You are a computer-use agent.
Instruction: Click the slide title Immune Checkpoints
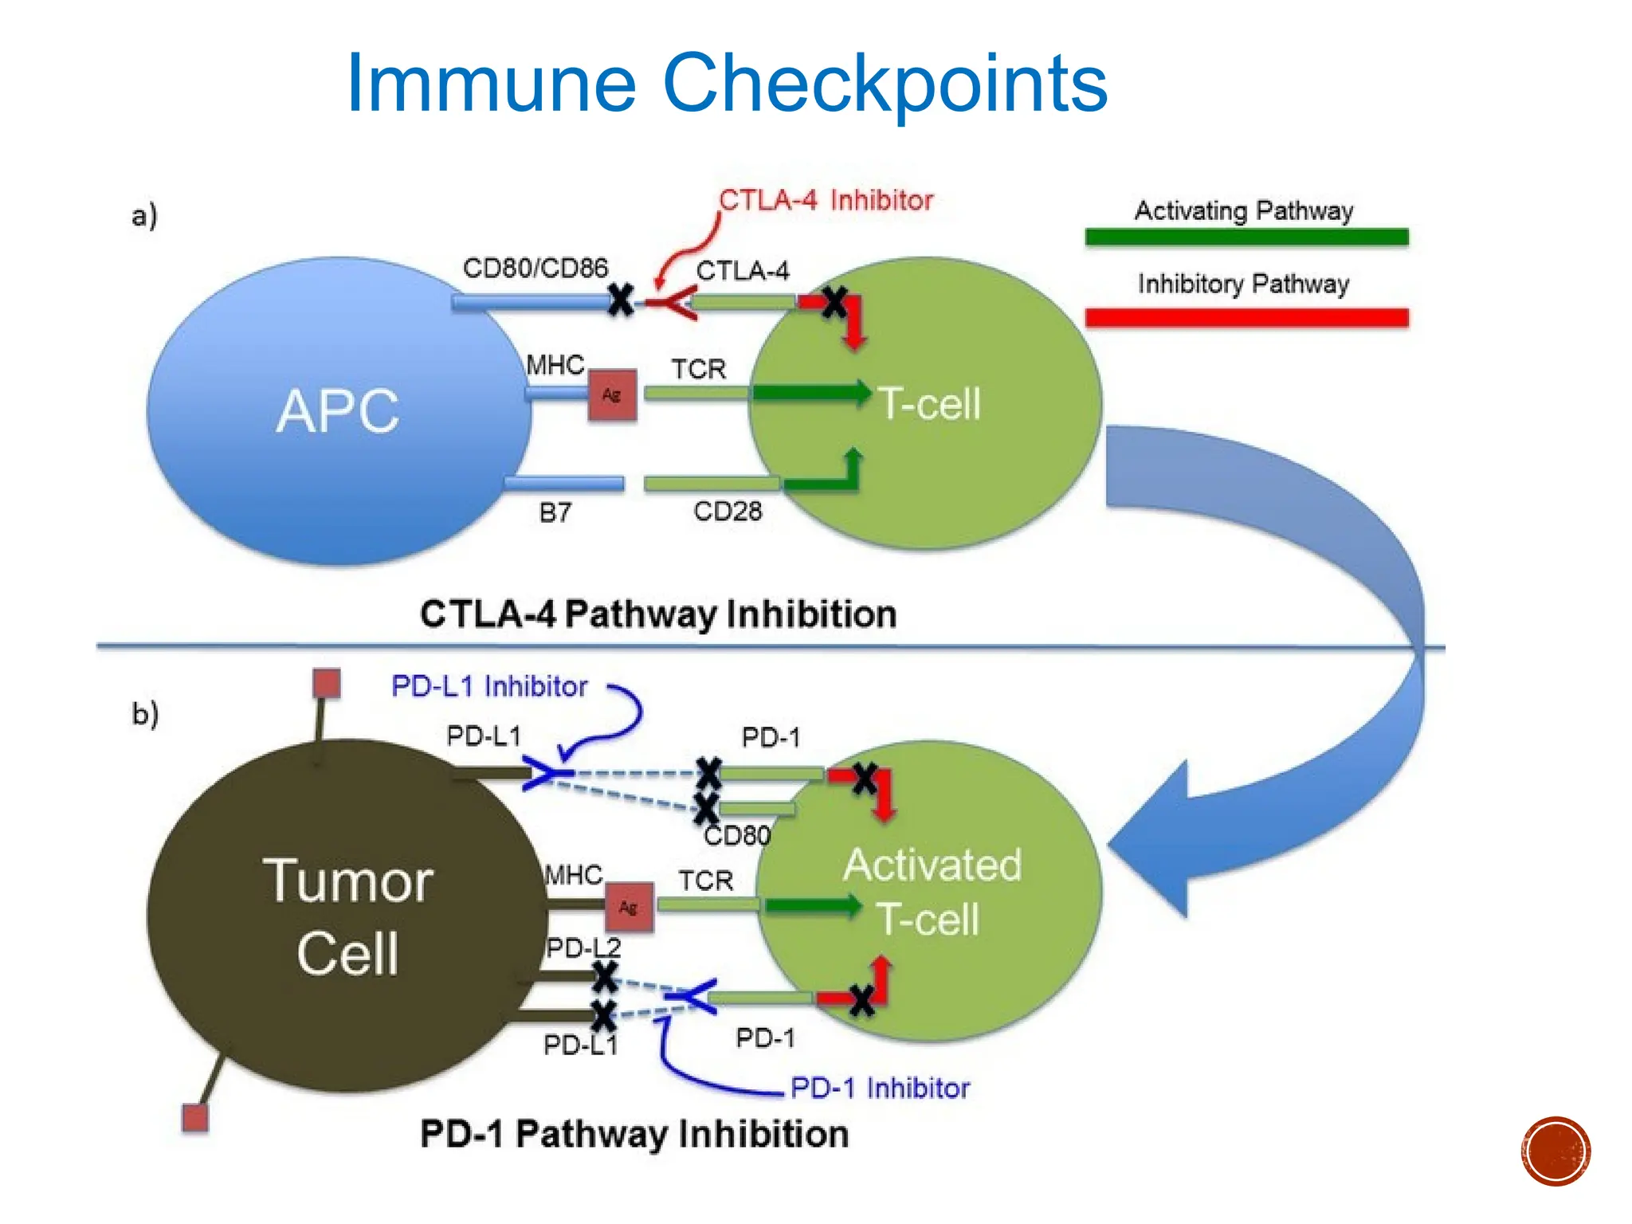tap(726, 83)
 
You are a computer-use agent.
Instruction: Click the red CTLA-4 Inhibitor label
tap(826, 200)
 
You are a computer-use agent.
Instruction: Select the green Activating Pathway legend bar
tap(1246, 237)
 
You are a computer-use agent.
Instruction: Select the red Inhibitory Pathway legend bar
tap(1246, 318)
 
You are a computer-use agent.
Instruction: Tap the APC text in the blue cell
tap(338, 411)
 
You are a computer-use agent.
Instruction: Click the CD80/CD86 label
tap(535, 269)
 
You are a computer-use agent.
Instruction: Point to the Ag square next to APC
tap(612, 394)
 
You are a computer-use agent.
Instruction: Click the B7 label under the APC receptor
tap(555, 512)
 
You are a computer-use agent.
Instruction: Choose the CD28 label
tap(727, 511)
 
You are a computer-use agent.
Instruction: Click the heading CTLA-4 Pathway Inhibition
tap(658, 614)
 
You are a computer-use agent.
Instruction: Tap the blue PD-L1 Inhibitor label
tap(489, 686)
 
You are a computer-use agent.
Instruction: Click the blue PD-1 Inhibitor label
tap(880, 1088)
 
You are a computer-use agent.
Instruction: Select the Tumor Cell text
tap(347, 916)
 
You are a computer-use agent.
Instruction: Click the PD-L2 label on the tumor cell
tap(583, 947)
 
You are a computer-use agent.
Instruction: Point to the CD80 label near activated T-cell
tap(737, 835)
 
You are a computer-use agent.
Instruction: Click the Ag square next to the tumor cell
tap(629, 908)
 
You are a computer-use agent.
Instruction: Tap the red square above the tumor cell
tap(326, 684)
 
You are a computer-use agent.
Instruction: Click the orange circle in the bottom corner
tap(1555, 1151)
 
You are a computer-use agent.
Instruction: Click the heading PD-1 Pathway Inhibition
tap(634, 1134)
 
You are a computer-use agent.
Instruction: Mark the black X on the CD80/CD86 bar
tap(621, 300)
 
